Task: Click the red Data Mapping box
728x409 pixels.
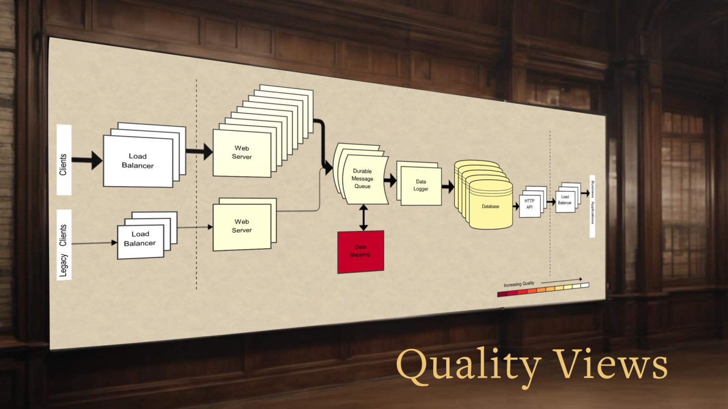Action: pyautogui.click(x=360, y=251)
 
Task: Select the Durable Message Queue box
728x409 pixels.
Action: pyautogui.click(x=362, y=179)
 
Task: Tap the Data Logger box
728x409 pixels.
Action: pyautogui.click(x=421, y=185)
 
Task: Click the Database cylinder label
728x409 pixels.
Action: pyautogui.click(x=490, y=206)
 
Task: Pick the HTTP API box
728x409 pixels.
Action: pyautogui.click(x=529, y=204)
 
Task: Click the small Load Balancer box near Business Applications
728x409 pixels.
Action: pyautogui.click(x=565, y=200)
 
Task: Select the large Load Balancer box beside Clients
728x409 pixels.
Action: pyautogui.click(x=138, y=161)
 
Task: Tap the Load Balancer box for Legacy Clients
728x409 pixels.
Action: pyautogui.click(x=140, y=239)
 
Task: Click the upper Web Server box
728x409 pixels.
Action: pyautogui.click(x=242, y=153)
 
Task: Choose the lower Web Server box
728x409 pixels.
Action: pyautogui.click(x=242, y=226)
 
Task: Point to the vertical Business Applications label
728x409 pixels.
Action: pyautogui.click(x=592, y=202)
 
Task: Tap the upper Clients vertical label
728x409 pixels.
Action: pyautogui.click(x=64, y=164)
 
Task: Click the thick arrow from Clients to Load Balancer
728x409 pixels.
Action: pyautogui.click(x=87, y=160)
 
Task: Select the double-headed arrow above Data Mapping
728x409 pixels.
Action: pyautogui.click(x=363, y=217)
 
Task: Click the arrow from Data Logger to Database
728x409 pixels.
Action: pyautogui.click(x=448, y=186)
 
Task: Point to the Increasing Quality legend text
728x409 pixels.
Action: pyautogui.click(x=519, y=284)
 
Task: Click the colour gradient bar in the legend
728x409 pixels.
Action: pyautogui.click(x=543, y=289)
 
